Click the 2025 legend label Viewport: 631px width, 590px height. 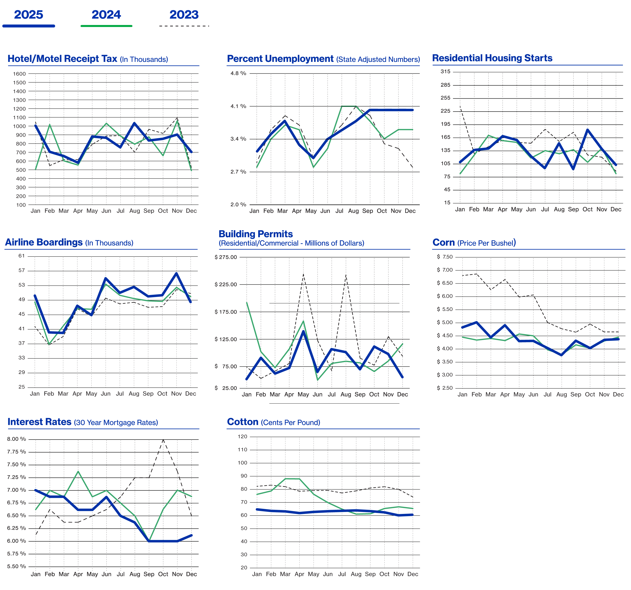point(29,15)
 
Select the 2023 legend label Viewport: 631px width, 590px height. point(184,15)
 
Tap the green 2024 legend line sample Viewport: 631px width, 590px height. point(106,26)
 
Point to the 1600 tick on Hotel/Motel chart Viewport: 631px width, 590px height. point(19,74)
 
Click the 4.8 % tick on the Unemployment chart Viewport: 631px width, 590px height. point(238,73)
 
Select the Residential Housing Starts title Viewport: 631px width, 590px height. point(492,58)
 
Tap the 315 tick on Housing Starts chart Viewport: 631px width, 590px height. point(445,72)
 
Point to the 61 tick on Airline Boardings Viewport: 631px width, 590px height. point(21,256)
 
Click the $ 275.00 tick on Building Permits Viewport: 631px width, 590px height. point(226,257)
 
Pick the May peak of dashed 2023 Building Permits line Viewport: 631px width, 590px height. point(303,274)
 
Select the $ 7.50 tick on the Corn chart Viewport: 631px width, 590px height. point(445,257)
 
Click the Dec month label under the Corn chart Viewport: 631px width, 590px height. point(618,394)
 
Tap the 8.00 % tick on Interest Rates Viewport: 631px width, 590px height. point(16,439)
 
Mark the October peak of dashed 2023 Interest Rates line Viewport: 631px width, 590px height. point(163,439)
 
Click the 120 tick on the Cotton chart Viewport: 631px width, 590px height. point(242,437)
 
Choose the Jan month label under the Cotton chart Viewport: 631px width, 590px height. point(257,574)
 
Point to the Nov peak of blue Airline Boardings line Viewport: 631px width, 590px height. point(177,273)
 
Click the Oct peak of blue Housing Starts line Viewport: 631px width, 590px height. point(587,130)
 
